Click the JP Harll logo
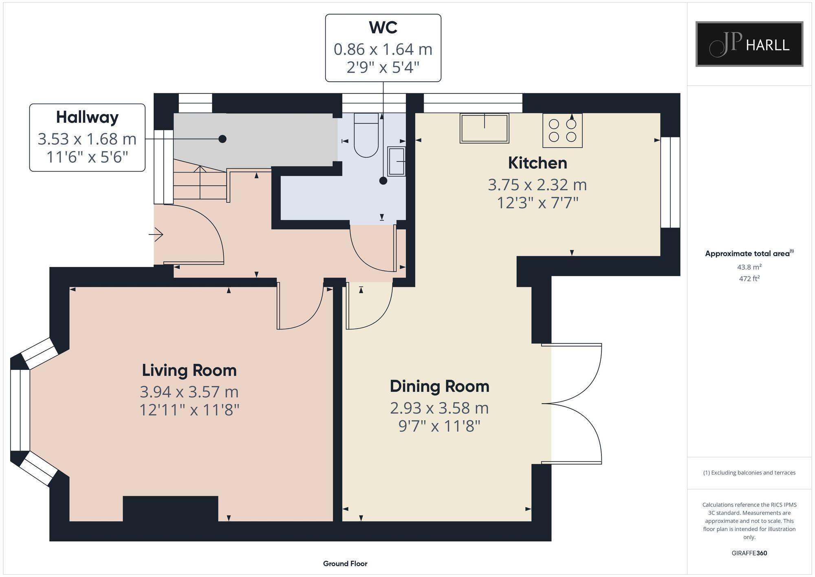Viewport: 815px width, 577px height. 749,44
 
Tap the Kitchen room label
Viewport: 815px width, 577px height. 537,163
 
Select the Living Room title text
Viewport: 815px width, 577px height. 189,370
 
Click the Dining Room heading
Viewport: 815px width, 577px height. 439,386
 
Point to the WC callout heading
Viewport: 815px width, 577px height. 383,27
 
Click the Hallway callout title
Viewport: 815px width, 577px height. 87,117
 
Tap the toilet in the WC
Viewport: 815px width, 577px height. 366,135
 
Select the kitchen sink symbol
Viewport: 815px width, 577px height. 485,128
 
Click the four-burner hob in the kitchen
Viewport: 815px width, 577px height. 562,130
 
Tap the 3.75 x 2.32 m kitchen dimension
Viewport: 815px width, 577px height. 537,185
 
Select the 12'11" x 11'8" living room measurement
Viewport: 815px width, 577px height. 189,410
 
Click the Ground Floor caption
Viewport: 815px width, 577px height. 345,564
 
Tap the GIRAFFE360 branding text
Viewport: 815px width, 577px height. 749,553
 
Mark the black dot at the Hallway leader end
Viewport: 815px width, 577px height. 222,139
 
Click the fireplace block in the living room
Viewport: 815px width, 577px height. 170,509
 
